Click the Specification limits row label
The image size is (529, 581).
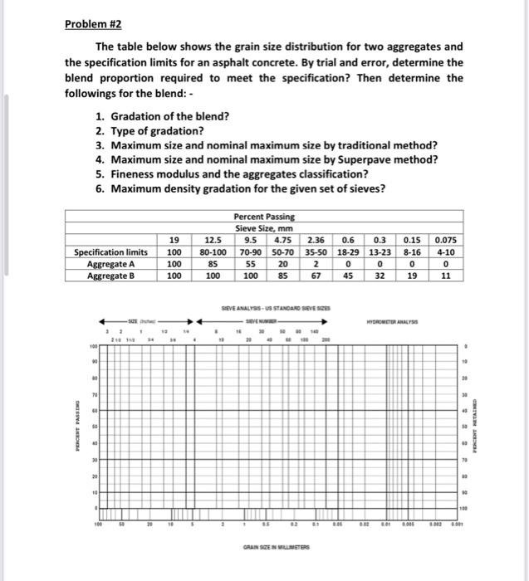click(111, 252)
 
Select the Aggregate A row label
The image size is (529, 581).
click(111, 264)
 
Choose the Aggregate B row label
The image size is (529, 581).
click(111, 276)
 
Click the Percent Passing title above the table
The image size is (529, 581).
click(264, 216)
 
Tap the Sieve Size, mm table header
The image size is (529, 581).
click(264, 227)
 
